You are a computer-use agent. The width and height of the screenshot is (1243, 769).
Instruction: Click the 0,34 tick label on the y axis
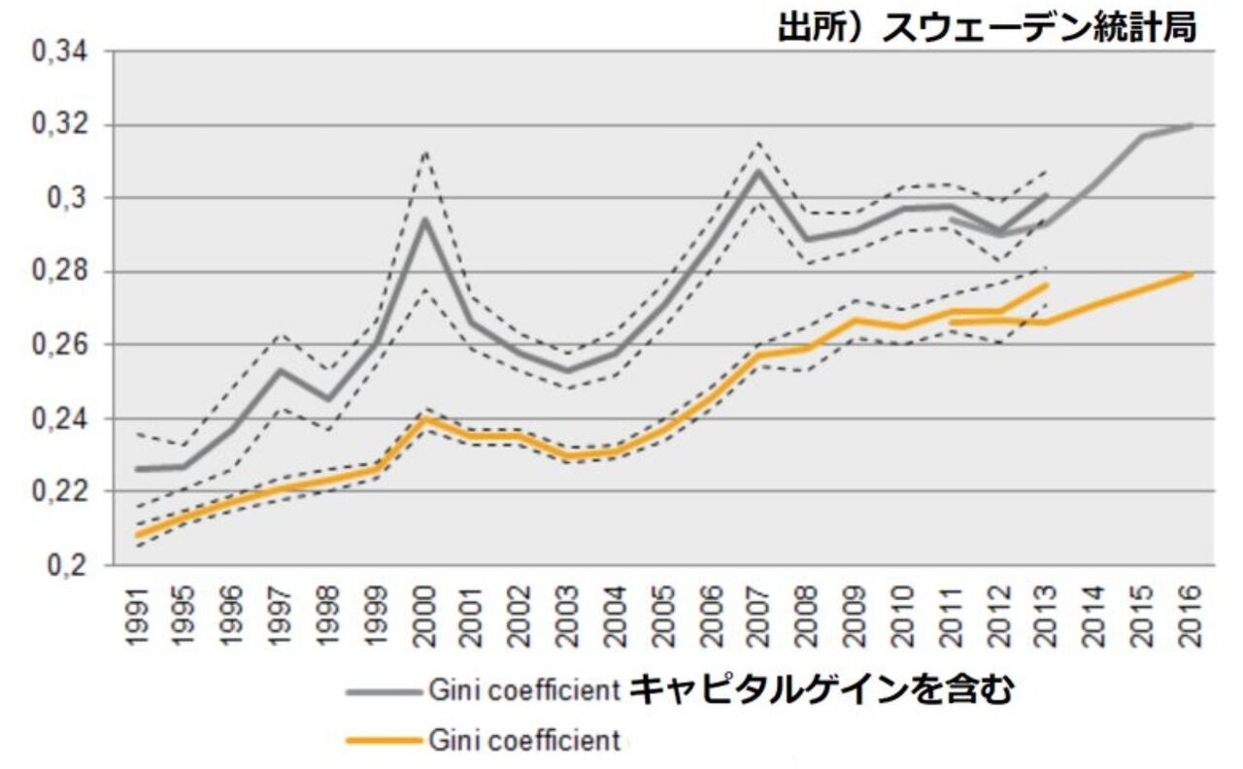click(60, 52)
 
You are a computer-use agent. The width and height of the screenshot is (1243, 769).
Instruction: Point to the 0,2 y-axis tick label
click(68, 565)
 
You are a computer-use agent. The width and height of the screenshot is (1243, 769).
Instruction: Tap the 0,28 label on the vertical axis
click(60, 272)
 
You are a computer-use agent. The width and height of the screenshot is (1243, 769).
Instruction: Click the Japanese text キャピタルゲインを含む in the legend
click(821, 690)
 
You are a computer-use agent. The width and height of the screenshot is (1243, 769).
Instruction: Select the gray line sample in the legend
click(384, 691)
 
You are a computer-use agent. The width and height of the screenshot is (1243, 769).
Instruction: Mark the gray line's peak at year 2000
click(424, 218)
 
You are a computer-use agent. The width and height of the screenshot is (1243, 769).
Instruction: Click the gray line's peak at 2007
click(759, 171)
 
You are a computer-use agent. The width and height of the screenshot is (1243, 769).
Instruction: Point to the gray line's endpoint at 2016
click(1192, 125)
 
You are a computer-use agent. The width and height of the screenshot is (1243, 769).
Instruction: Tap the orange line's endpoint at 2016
click(1192, 275)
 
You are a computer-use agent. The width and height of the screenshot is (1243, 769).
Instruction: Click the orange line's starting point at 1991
click(138, 535)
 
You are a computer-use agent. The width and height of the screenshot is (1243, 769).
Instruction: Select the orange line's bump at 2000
click(424, 418)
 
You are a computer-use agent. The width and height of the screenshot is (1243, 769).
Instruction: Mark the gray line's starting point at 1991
click(138, 469)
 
